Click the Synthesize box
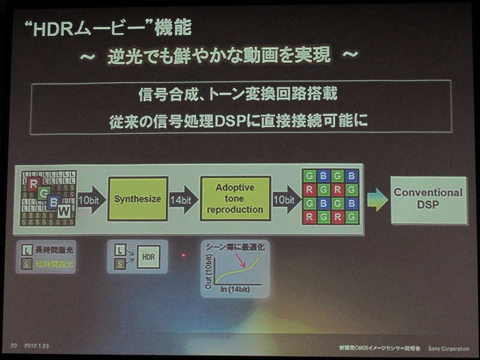pos(137,199)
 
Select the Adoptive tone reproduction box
pos(235,199)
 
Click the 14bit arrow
pos(182,199)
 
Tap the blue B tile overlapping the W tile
pos(53,202)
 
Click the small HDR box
pos(147,256)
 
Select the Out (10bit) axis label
pos(208,270)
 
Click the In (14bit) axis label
pos(236,290)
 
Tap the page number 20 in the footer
pos(14,346)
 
